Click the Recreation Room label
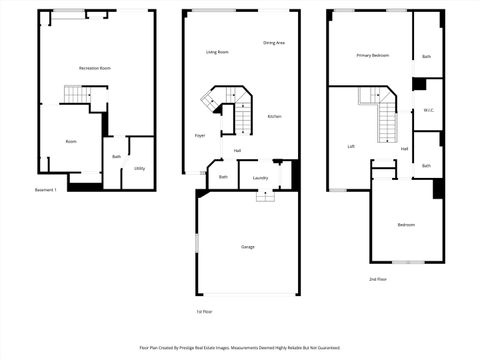[x=95, y=67]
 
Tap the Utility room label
[x=139, y=168]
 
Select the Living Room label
[x=217, y=52]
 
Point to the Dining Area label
[x=274, y=43]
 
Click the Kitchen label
[x=274, y=116]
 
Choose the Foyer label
[x=200, y=135]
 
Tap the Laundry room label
[x=260, y=178]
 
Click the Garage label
[x=247, y=246]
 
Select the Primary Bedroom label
[x=372, y=56]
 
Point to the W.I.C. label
[x=427, y=110]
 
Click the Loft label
[x=351, y=147]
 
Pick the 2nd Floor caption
[x=377, y=279]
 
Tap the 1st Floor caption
[x=205, y=311]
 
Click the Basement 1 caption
[x=46, y=189]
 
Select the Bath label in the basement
[x=117, y=157]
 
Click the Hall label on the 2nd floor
[x=404, y=149]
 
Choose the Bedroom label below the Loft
[x=406, y=225]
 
